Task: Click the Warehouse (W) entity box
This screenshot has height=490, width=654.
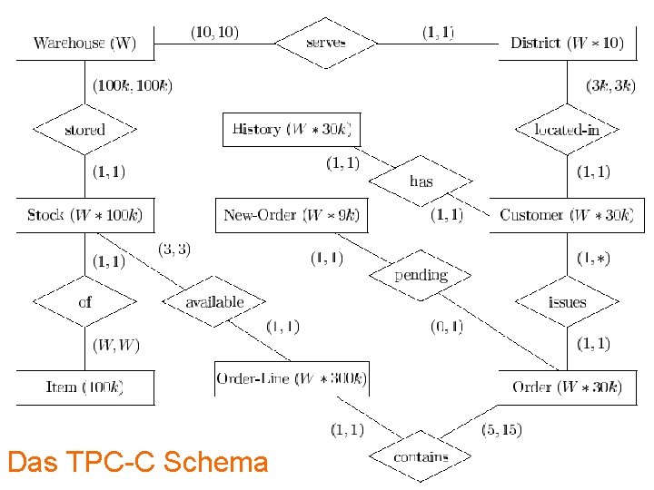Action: tap(84, 43)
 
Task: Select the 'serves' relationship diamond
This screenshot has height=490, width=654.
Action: tap(326, 43)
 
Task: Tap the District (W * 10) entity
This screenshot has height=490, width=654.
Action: tap(567, 43)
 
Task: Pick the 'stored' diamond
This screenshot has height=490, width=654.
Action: tap(84, 130)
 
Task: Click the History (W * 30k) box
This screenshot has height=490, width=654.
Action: tap(292, 129)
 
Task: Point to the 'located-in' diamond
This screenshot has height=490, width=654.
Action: tap(567, 130)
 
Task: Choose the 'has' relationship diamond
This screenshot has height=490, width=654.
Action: tap(421, 181)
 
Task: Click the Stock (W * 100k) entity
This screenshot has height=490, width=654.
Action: tap(84, 215)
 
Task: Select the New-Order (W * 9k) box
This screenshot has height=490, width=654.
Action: tap(292, 215)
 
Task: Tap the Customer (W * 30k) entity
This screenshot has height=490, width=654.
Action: tap(567, 215)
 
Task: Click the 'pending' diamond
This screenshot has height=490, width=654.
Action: tap(421, 275)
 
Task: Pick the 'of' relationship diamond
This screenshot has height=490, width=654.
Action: tap(84, 302)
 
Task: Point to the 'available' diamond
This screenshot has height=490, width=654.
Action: tap(214, 302)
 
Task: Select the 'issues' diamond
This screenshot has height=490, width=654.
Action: tap(567, 302)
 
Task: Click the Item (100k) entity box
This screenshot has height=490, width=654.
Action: tap(84, 387)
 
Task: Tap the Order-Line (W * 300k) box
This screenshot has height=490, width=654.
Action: tap(292, 378)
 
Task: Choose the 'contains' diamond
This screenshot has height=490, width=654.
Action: tap(421, 457)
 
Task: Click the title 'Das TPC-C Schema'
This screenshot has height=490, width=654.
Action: tap(137, 463)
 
